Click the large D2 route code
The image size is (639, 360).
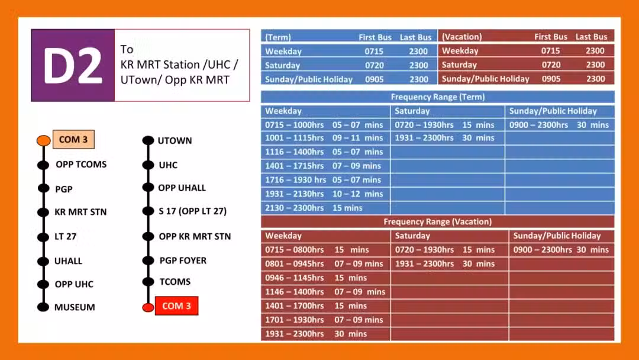(73, 65)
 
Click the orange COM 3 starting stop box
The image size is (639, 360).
(73, 139)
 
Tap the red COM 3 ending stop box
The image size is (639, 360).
(176, 306)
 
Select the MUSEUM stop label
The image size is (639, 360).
(75, 307)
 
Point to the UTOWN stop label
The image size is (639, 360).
(175, 141)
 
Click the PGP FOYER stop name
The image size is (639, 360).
(183, 261)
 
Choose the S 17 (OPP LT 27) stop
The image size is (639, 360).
(193, 211)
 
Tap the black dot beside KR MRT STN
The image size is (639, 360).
(43, 212)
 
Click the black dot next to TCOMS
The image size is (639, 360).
(149, 282)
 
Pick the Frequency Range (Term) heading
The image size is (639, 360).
(438, 97)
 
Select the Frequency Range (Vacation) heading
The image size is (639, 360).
(438, 222)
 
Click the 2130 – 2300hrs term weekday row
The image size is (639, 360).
(325, 208)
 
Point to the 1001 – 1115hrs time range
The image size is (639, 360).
(294, 138)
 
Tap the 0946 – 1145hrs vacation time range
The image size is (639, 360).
(294, 278)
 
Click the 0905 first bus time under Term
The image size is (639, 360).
(374, 79)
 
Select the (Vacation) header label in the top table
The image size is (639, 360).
(461, 37)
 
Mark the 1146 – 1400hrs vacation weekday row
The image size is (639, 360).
(325, 292)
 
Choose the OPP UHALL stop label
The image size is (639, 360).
(182, 188)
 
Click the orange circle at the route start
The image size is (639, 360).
(44, 140)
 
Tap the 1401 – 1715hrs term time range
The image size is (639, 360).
(294, 166)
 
